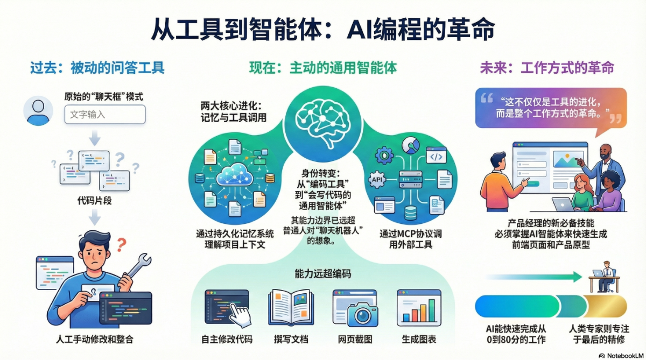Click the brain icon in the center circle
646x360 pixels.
(322, 123)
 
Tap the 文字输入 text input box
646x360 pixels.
(105, 115)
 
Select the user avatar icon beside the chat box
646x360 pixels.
(38, 111)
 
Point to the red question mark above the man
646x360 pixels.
(122, 245)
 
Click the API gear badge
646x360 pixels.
(377, 180)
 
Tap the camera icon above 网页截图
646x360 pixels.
(362, 315)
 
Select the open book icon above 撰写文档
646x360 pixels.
(291, 308)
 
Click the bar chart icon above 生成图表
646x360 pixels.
(419, 308)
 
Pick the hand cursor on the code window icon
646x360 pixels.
(240, 315)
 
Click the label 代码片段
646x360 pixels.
(94, 201)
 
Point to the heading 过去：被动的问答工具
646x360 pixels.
(97, 68)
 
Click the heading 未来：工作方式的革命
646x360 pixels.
(547, 68)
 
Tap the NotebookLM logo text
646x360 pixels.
(625, 356)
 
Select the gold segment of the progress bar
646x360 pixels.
(605, 306)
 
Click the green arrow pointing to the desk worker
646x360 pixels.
(534, 277)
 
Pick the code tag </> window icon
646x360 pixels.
(436, 156)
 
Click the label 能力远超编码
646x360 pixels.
(322, 274)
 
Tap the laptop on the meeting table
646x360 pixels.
(563, 204)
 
